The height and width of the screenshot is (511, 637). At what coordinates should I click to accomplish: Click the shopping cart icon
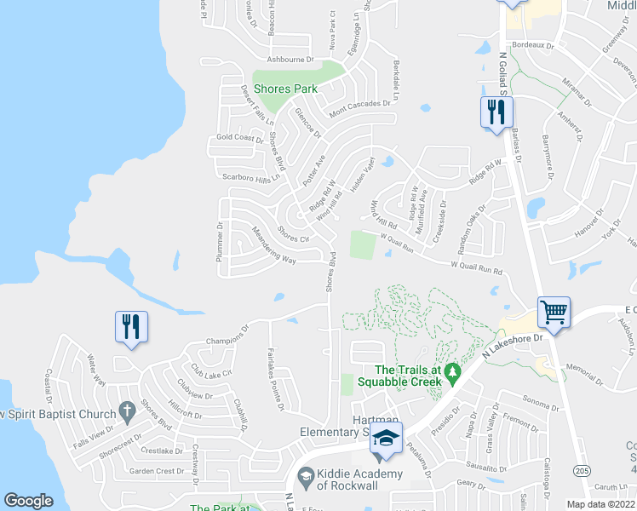(554, 312)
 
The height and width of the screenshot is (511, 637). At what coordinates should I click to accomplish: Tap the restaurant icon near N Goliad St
(494, 112)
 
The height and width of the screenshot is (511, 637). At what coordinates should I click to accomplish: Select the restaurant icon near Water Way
(131, 326)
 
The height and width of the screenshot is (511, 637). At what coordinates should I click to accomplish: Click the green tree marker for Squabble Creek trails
(453, 371)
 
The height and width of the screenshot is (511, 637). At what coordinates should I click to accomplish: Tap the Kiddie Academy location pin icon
(305, 475)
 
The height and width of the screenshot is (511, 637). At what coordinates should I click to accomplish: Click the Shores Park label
(288, 89)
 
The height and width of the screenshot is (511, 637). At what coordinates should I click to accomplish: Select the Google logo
(29, 501)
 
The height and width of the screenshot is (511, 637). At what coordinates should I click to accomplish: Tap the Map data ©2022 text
(600, 504)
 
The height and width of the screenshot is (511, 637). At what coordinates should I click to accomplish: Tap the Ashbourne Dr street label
(290, 60)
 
